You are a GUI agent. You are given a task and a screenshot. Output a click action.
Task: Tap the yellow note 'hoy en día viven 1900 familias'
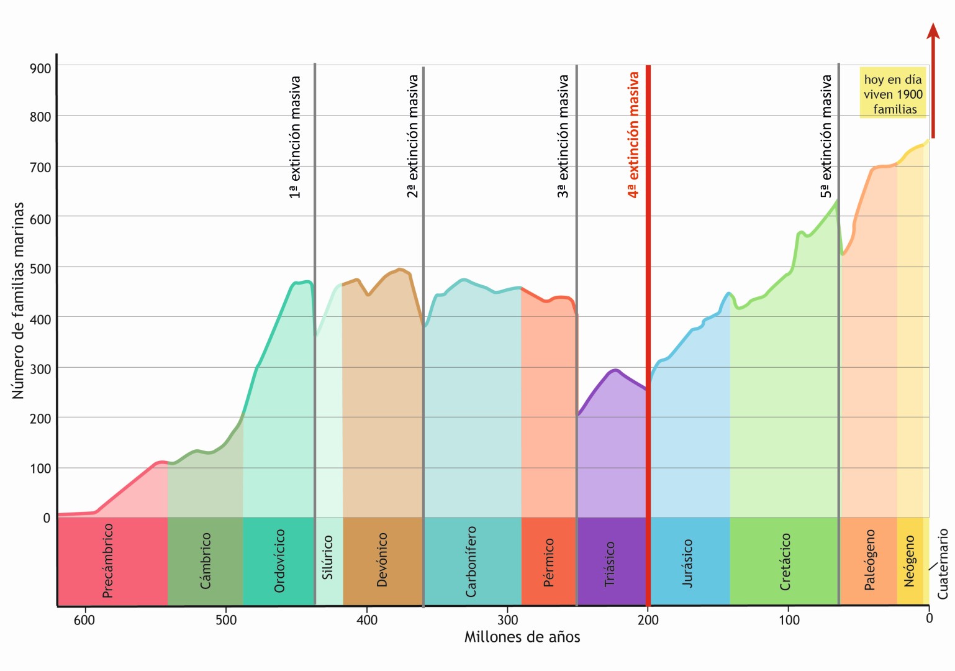click(x=893, y=94)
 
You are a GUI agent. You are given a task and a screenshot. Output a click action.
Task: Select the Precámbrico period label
click(x=108, y=560)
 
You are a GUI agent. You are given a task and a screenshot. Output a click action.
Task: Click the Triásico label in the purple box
click(x=610, y=564)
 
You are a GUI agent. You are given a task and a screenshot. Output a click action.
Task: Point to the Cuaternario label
click(x=943, y=564)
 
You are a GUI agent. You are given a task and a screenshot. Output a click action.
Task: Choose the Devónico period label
click(x=382, y=560)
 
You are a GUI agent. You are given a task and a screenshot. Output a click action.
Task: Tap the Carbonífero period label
click(x=471, y=562)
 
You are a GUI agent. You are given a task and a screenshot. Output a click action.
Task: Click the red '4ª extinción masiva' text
click(x=633, y=135)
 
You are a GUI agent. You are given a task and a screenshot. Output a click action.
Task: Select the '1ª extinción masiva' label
click(x=295, y=137)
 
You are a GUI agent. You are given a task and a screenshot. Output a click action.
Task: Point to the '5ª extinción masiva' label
click(x=826, y=137)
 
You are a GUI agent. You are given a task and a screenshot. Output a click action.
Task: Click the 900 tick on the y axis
click(x=41, y=68)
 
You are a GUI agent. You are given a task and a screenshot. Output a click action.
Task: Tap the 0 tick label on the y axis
click(x=47, y=518)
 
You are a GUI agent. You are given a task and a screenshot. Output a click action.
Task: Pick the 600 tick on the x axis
click(x=84, y=620)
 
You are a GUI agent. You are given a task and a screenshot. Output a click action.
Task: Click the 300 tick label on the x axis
click(x=508, y=620)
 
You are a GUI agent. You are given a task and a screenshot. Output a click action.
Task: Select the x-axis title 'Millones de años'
click(x=522, y=637)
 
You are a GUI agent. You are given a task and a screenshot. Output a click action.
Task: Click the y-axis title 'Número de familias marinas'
click(x=18, y=301)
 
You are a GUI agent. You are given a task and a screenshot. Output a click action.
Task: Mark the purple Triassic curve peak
click(x=615, y=370)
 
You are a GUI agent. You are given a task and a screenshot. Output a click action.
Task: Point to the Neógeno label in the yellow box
click(x=910, y=561)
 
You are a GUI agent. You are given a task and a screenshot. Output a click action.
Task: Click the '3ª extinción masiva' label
click(x=563, y=137)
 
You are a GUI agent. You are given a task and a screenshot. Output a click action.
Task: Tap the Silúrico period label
click(x=328, y=558)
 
